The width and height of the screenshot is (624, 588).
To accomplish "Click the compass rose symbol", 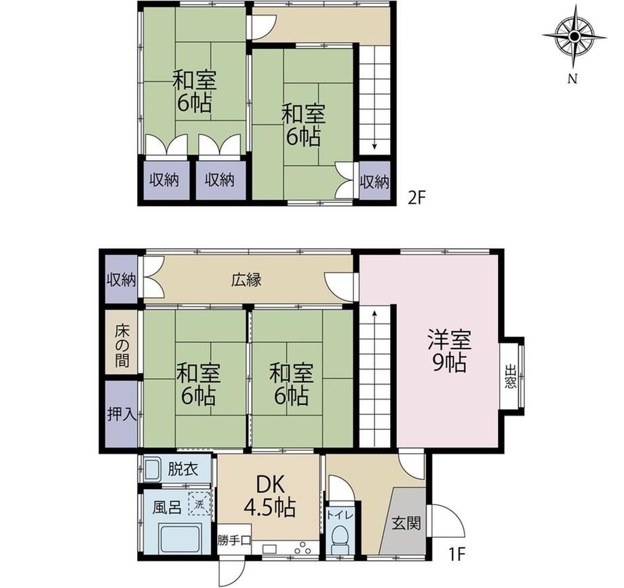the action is (x=574, y=37).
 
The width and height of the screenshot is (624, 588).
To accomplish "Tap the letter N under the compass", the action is (x=572, y=79).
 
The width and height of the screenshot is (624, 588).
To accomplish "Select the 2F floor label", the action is (x=417, y=198).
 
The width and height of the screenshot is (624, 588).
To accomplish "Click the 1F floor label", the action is (x=457, y=554).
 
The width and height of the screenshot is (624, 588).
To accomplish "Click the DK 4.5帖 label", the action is (x=269, y=496).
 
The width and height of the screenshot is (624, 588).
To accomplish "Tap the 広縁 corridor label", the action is (x=246, y=279).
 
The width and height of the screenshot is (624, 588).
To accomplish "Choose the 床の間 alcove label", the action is (x=122, y=346).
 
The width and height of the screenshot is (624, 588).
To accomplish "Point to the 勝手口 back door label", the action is (x=234, y=541).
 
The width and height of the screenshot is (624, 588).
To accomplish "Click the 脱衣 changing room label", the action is (x=182, y=469).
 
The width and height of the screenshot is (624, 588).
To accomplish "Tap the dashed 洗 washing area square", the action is (x=199, y=504).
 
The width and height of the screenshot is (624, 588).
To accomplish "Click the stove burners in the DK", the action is (x=303, y=548).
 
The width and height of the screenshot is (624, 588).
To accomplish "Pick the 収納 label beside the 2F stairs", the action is (x=374, y=182).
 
